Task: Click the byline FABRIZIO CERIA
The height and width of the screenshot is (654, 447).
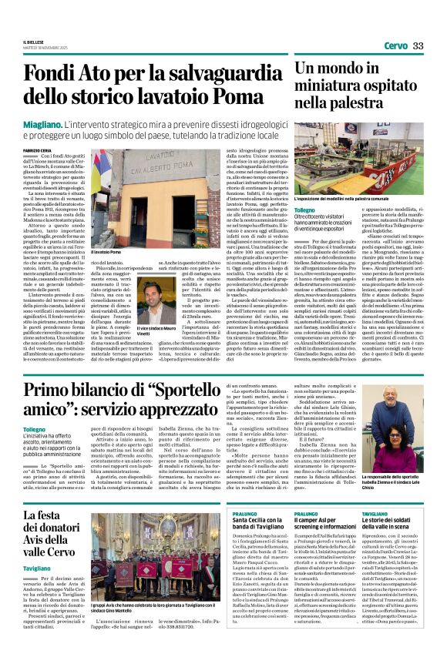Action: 37,150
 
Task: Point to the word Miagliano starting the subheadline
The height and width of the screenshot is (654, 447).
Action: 42,122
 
